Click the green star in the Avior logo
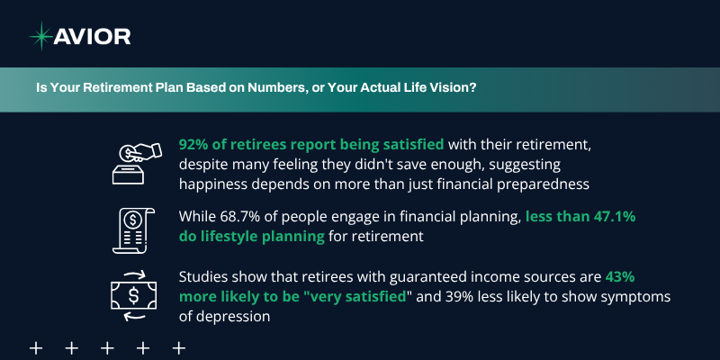pyautogui.click(x=40, y=36)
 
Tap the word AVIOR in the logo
pyautogui.click(x=92, y=36)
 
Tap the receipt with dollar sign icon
pyautogui.click(x=133, y=230)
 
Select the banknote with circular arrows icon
pyautogui.click(x=133, y=296)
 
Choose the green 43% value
pyautogui.click(x=620, y=277)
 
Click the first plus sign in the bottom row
pyautogui.click(x=36, y=348)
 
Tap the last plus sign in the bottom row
pyautogui.click(x=178, y=348)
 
